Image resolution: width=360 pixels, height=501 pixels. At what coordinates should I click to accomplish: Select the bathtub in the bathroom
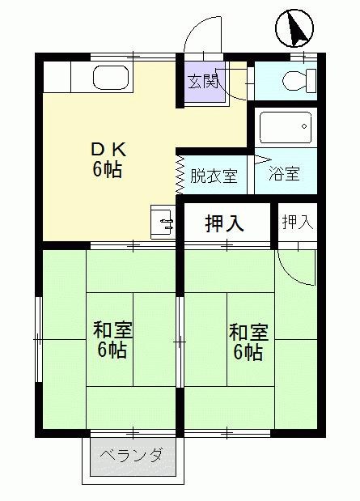pyautogui.click(x=285, y=127)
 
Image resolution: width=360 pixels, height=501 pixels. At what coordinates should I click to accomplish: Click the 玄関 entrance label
pyautogui.click(x=203, y=81)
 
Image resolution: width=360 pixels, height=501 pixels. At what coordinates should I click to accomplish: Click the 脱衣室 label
pyautogui.click(x=214, y=175)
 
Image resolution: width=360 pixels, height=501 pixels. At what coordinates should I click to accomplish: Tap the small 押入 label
pyautogui.click(x=297, y=222)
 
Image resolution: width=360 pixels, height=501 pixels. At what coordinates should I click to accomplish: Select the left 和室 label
pyautogui.click(x=112, y=330)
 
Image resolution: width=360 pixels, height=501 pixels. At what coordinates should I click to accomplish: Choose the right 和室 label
pyautogui.click(x=248, y=332)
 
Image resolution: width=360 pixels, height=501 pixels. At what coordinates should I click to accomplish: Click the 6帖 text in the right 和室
pyautogui.click(x=248, y=353)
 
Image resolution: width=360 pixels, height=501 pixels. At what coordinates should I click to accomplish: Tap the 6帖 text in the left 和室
pyautogui.click(x=112, y=351)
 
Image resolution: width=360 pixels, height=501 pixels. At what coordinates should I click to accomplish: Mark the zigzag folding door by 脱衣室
pyautogui.click(x=180, y=174)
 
